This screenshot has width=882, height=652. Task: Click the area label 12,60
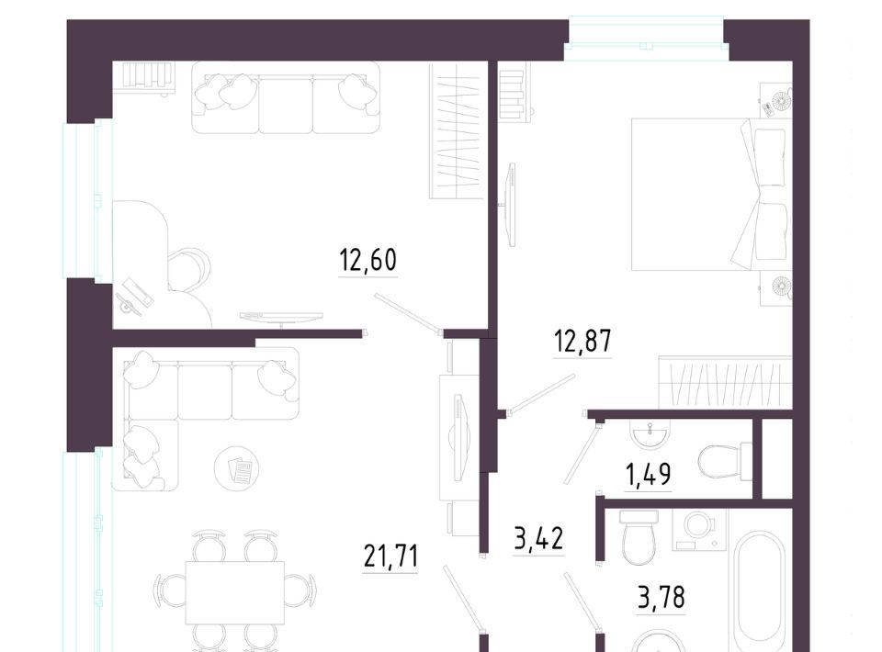(x=368, y=260)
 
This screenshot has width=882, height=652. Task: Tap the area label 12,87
(x=582, y=342)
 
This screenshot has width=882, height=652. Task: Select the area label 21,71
(x=391, y=557)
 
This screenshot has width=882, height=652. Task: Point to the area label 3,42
(x=539, y=539)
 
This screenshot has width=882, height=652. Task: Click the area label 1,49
(x=648, y=475)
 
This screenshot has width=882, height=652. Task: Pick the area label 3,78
(x=661, y=598)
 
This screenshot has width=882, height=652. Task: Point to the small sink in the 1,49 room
(x=650, y=433)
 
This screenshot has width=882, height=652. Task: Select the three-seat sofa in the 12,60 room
(x=285, y=97)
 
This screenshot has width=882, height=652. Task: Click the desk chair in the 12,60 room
(x=191, y=270)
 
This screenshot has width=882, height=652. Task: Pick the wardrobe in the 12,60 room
(x=457, y=131)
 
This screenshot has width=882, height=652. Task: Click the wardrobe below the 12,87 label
(x=725, y=382)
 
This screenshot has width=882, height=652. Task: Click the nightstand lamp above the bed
(x=780, y=101)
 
